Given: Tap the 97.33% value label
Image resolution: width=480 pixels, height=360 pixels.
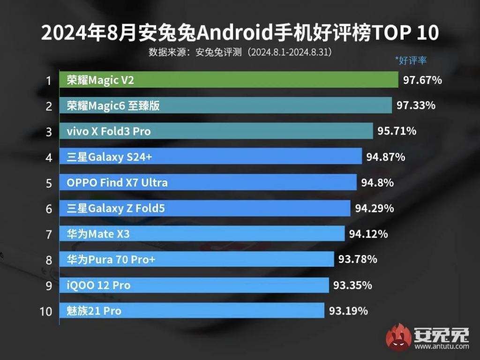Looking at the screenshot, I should [416, 105].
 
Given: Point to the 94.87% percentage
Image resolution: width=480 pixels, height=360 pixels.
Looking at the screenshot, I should [385, 157].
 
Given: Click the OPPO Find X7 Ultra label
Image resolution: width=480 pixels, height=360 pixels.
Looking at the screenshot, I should [117, 182].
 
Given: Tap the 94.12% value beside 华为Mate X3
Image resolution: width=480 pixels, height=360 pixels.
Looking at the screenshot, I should [368, 233].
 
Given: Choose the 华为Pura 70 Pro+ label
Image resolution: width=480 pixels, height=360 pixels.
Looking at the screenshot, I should [111, 259].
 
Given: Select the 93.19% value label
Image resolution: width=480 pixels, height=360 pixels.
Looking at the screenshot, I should [348, 310].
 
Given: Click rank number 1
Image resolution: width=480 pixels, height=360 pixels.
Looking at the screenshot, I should [48, 81].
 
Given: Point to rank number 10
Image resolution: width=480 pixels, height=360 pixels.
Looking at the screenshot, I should [46, 311].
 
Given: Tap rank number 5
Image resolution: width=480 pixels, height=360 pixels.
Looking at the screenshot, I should [49, 183].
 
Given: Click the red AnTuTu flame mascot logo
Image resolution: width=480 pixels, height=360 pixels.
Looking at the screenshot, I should [398, 337].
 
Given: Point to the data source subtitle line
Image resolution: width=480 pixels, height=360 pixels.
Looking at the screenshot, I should [240, 52].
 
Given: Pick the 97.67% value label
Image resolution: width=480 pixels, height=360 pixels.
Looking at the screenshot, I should [422, 80].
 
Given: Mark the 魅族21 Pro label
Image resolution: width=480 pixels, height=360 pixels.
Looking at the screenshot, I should [94, 310].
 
